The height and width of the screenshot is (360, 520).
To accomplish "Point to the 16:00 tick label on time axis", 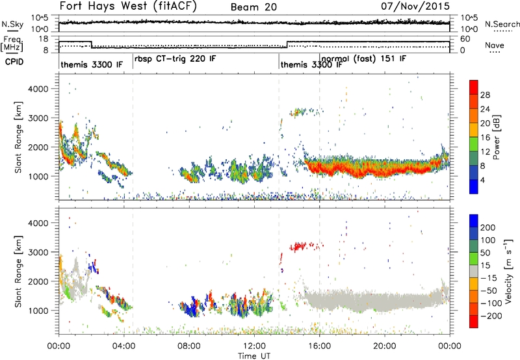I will (319, 346).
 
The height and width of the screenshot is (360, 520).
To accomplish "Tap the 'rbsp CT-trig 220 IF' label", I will (175, 59).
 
